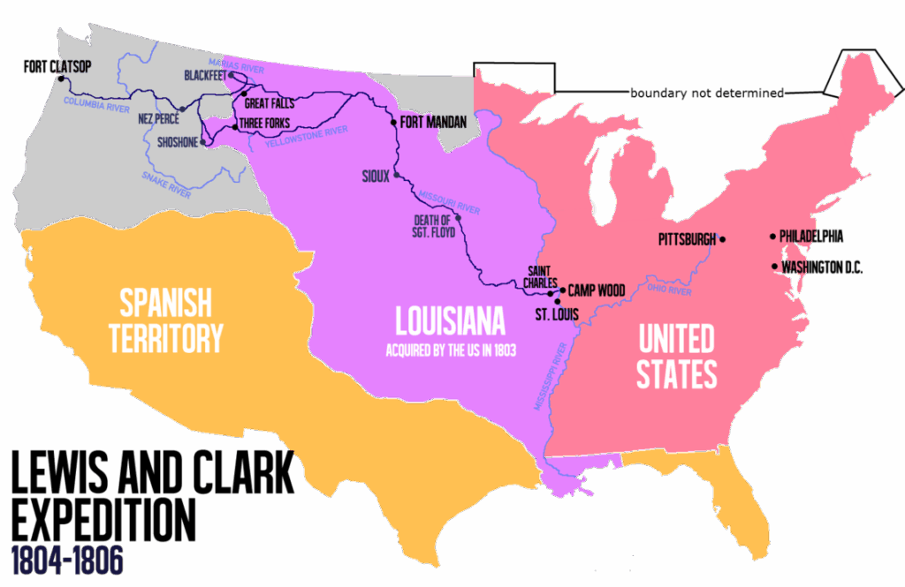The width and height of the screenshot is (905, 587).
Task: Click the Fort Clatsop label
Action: click(58, 66)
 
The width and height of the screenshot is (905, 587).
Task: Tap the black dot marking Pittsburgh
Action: click(722, 239)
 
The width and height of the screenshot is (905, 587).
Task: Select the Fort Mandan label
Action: click(433, 122)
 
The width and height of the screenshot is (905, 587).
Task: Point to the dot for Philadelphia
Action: click(772, 236)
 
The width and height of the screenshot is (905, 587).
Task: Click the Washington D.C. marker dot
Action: click(774, 266)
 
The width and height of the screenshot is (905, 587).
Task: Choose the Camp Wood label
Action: click(597, 290)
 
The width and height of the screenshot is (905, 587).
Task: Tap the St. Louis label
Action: click(559, 313)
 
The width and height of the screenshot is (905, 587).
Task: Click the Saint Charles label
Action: click(541, 276)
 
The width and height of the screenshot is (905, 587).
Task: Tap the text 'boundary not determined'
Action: click(706, 93)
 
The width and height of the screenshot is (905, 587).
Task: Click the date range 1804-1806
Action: click(67, 559)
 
